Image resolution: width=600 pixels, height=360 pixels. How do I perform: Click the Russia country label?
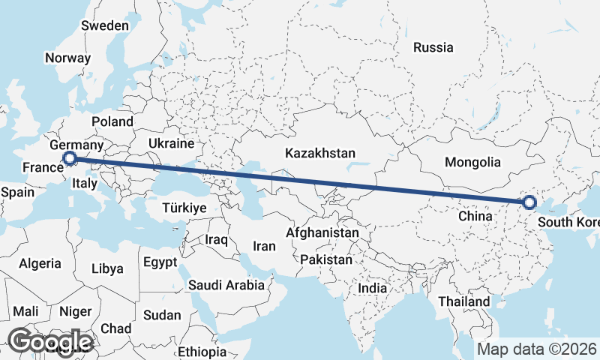coord(433,47)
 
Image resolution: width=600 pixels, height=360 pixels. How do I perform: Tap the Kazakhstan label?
coord(320,153)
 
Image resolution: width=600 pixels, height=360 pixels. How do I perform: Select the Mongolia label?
coord(472,162)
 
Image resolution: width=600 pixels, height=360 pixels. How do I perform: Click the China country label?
coord(475,216)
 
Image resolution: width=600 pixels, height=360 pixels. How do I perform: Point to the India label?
coord(372,288)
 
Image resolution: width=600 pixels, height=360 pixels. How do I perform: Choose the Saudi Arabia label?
coord(226,285)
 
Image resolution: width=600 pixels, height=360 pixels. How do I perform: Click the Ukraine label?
coord(171,142)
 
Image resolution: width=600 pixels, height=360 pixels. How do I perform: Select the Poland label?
coord(112,121)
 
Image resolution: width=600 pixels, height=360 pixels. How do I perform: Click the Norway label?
coord(67,58)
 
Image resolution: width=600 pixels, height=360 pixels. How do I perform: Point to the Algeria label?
coord(40,263)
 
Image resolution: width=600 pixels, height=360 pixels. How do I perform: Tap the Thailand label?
coord(465,301)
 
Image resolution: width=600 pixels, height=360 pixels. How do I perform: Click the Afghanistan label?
coord(322,233)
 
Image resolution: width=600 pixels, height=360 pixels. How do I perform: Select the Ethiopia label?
coord(202,351)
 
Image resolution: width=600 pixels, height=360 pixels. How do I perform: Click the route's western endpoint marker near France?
coord(70,158)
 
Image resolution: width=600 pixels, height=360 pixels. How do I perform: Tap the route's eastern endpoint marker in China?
coord(529,202)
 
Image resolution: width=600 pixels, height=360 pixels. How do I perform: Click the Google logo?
coord(51,341)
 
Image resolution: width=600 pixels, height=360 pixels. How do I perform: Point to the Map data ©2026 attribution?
coord(536,349)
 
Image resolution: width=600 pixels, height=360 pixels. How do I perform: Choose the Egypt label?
coord(160,262)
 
